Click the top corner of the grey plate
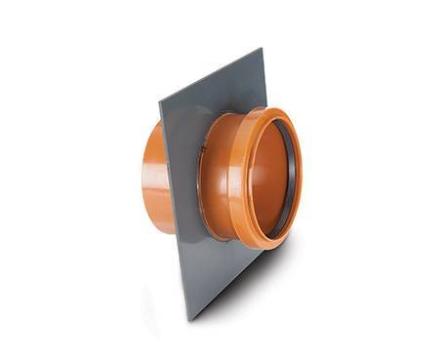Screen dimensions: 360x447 point(261,49)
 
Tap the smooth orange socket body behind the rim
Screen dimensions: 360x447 point(220,180)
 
